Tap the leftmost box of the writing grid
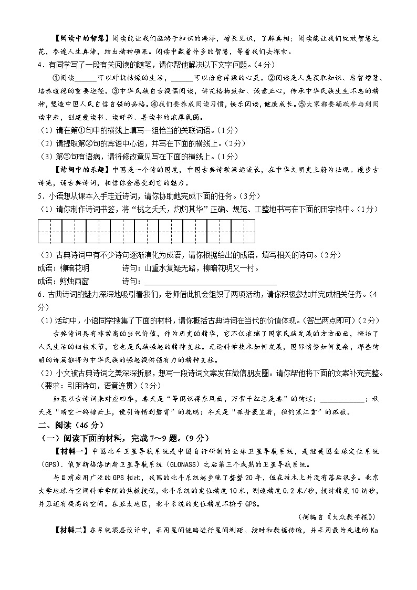[x=50, y=231]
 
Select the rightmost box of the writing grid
[x=243, y=231]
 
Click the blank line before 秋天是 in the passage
[x=341, y=398]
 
